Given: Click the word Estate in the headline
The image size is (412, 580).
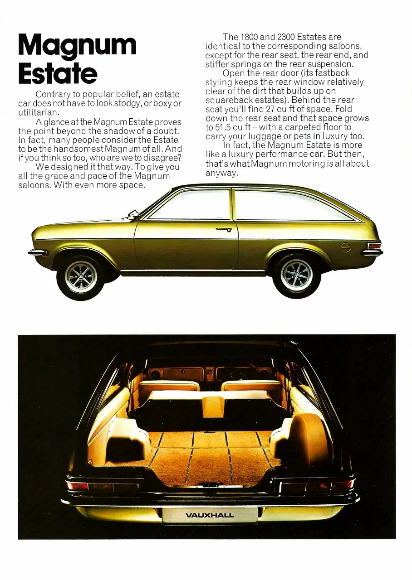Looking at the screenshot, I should tap(58, 73).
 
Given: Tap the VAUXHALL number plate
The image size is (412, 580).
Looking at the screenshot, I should tap(210, 515).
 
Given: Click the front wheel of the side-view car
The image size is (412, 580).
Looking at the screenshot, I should tap(80, 276).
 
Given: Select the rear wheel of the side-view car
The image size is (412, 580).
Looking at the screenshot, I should tap(296, 274).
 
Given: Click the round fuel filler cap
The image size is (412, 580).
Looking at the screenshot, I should tap(346, 247).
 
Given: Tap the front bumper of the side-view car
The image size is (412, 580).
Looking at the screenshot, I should tap(38, 252).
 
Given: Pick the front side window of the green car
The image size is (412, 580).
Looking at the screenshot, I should tap(193, 205).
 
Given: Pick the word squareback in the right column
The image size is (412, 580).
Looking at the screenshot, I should tap(229, 100).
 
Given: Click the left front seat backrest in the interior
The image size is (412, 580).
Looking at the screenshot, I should tap(169, 387).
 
